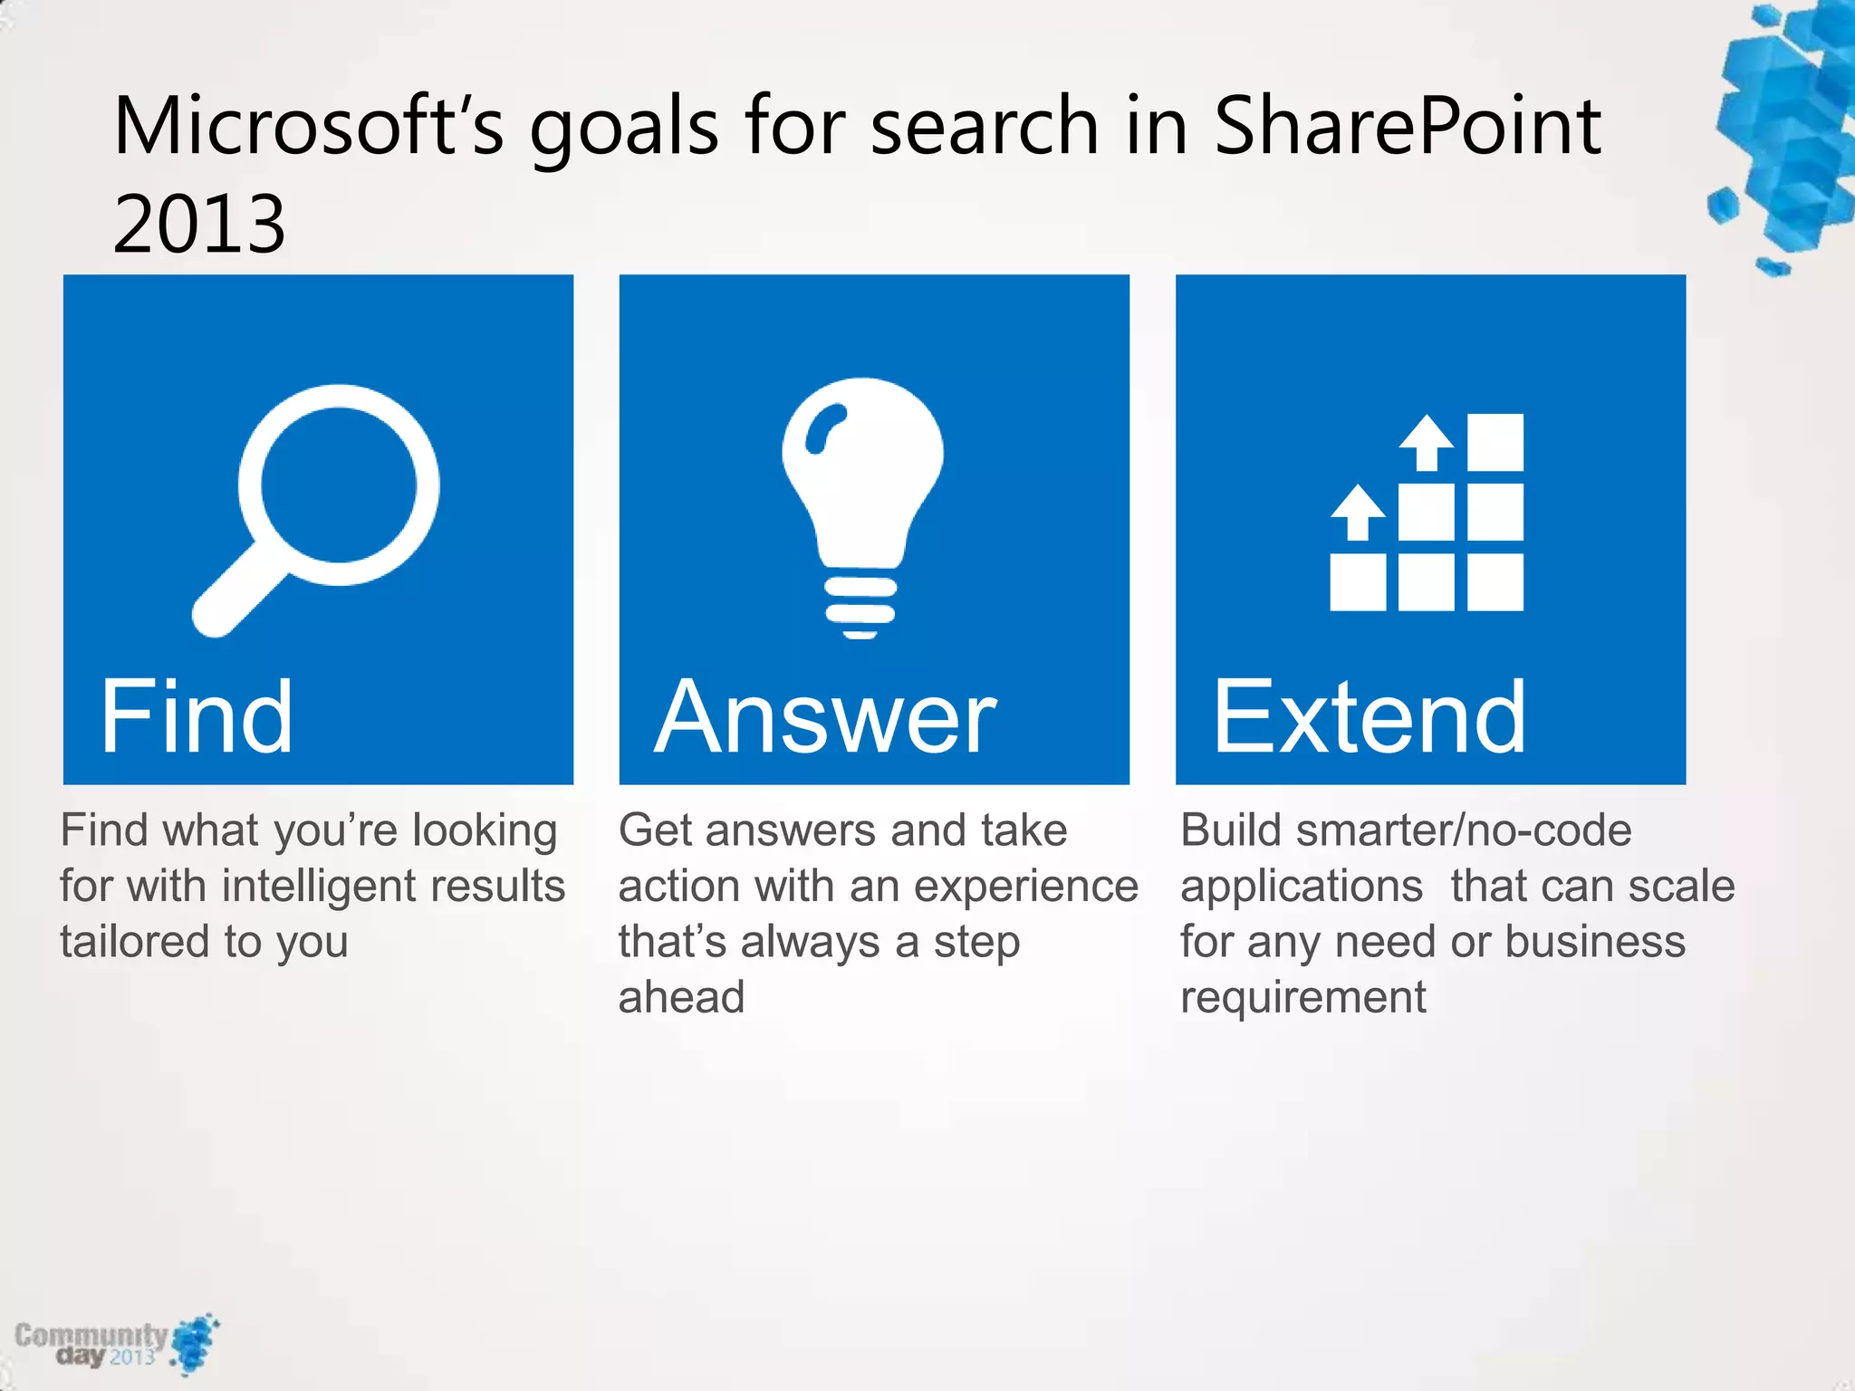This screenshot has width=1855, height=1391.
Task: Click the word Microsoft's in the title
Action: [309, 127]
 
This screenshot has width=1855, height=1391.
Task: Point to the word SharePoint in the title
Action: [1407, 127]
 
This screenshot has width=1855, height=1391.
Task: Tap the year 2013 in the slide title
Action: [199, 224]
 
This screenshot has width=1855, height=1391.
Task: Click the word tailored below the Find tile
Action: [136, 942]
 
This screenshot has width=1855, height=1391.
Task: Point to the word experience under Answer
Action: [1023, 887]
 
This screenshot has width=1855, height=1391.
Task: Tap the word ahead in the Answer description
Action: [681, 998]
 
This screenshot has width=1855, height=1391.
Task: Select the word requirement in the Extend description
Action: [1302, 998]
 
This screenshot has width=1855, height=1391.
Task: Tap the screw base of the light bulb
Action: [860, 604]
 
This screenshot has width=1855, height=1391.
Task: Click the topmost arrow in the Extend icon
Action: [1427, 442]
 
